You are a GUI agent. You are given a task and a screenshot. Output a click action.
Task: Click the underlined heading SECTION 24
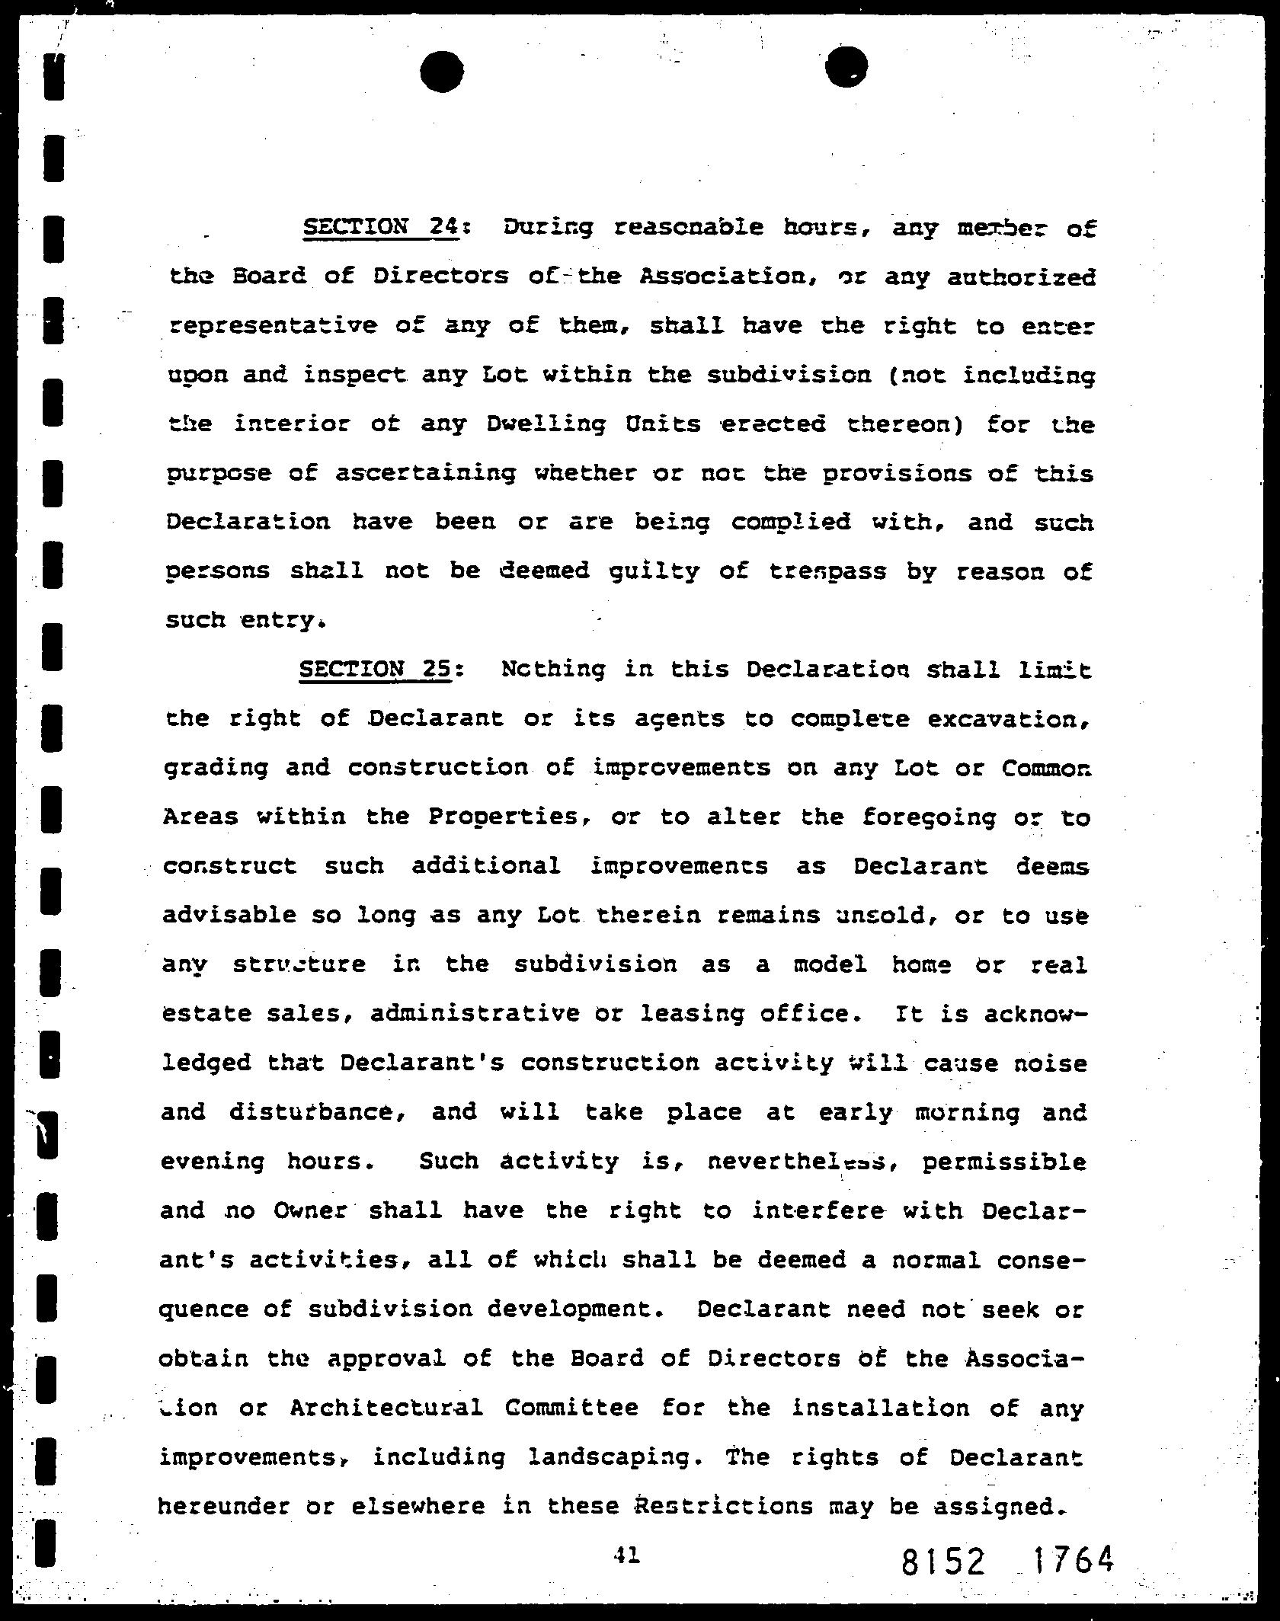point(380,227)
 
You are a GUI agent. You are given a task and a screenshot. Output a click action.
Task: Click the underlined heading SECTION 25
point(374,669)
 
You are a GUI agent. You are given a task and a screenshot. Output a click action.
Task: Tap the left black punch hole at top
point(441,71)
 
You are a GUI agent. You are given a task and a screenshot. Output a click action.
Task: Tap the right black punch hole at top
point(846,67)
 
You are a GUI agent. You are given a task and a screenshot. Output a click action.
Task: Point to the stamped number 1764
point(1073,1560)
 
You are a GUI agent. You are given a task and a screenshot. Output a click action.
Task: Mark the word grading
point(216,768)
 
